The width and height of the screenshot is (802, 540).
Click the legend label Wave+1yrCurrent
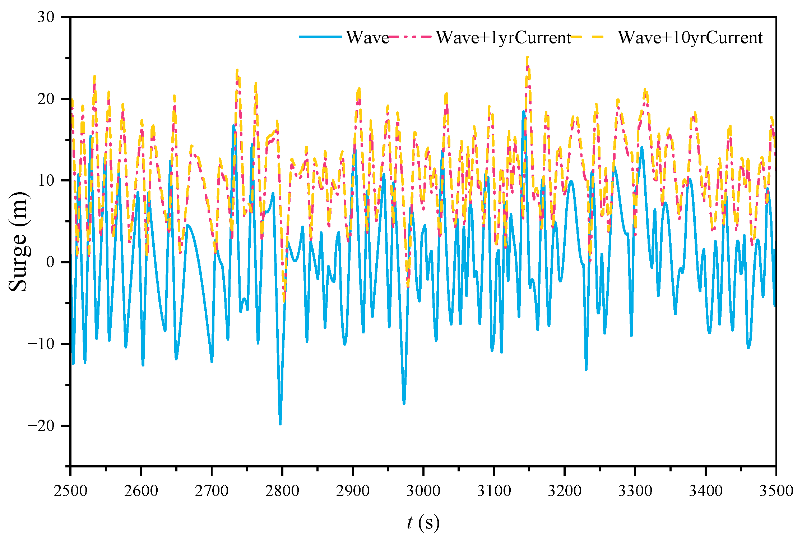pos(503,37)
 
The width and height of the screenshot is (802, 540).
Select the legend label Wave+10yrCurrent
pos(690,37)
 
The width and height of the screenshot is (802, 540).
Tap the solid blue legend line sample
pos(320,37)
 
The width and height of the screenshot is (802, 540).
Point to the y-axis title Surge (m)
pos(18,241)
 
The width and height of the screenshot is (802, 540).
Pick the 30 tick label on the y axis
pos(46,17)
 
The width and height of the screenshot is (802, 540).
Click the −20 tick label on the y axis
pos(41,426)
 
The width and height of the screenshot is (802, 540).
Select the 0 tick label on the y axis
pos(50,262)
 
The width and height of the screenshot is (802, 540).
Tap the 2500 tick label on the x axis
pos(70,490)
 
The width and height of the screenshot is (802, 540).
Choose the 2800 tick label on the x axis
pos(282,490)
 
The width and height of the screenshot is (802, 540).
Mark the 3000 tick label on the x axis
pos(423,490)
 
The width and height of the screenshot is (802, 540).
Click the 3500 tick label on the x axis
pos(776,490)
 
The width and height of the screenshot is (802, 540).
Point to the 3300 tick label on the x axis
pos(635,490)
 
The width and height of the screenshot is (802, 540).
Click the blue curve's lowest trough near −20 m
pos(280,424)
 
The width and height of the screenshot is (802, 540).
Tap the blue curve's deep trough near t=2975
pos(404,404)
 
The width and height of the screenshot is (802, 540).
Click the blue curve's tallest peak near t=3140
pos(524,112)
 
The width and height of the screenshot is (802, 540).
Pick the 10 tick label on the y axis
pos(46,180)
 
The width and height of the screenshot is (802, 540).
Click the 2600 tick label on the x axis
pos(141,490)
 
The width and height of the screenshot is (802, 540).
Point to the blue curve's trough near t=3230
pos(586,369)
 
